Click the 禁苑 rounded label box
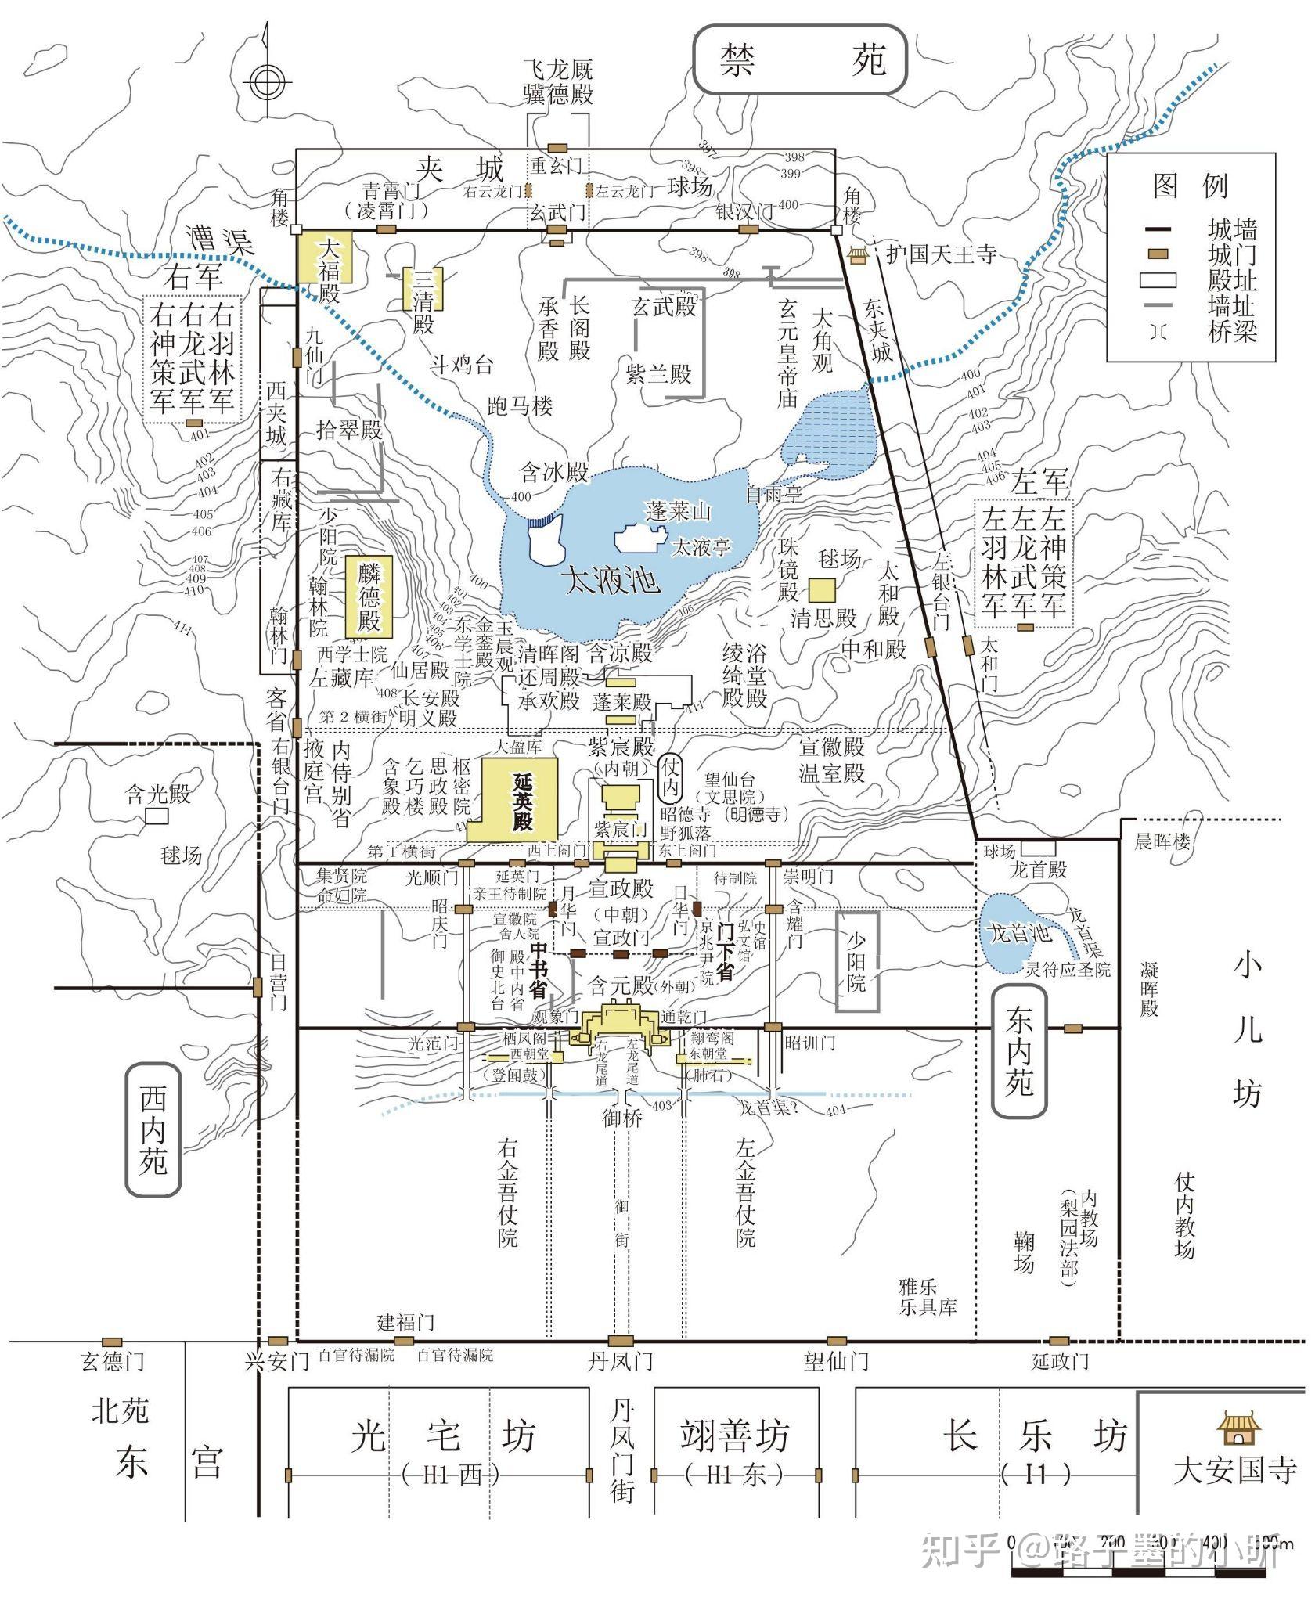click(x=801, y=59)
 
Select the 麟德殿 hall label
click(x=369, y=598)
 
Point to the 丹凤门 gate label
click(x=621, y=1361)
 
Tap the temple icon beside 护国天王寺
click(x=859, y=255)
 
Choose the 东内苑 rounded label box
click(x=1019, y=1051)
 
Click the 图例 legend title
click(x=1191, y=185)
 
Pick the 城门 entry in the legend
click(x=1231, y=254)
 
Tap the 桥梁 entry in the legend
click(x=1231, y=332)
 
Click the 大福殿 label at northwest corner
click(x=326, y=270)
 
